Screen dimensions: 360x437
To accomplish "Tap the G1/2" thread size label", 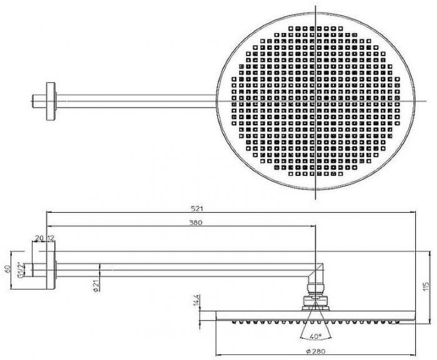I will coord(20,270).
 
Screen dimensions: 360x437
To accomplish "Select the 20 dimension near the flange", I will coord(39,238).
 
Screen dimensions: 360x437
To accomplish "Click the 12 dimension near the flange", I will coord(50,238).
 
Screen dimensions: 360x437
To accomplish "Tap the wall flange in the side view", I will coord(51,269).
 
